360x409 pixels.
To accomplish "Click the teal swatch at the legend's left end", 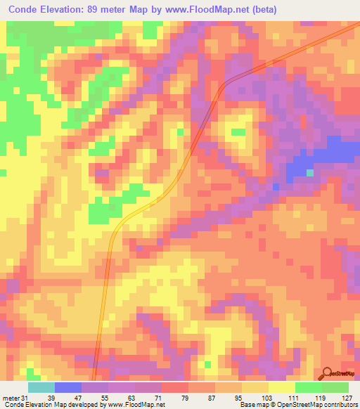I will pos(41,387).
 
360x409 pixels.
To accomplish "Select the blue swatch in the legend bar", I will pos(67,387).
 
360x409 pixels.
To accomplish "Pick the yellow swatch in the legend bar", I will pos(281,387).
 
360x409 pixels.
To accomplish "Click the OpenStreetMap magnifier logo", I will pos(327,372).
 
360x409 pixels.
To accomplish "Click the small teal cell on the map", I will pos(310,172).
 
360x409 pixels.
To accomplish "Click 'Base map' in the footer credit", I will pos(252,405).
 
